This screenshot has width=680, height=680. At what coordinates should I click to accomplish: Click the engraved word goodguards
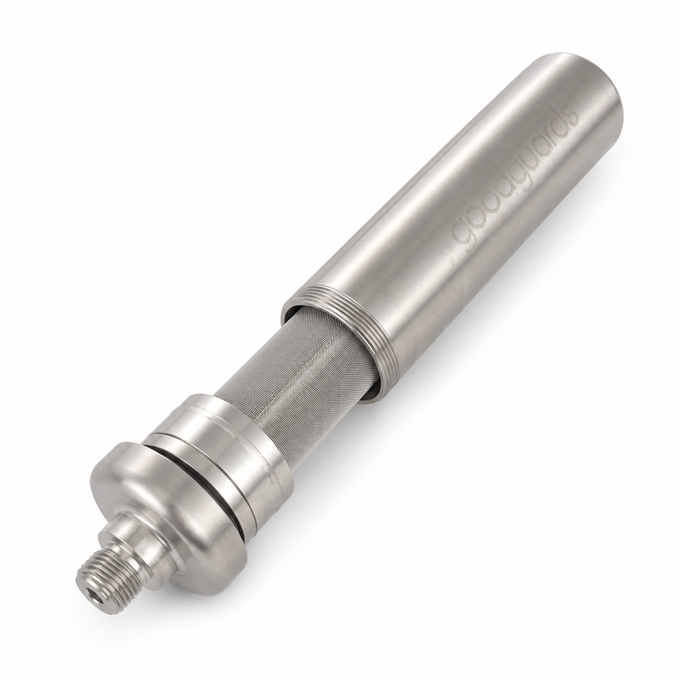click(x=515, y=181)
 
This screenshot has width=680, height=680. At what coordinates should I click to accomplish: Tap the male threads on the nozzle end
click(x=100, y=571)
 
